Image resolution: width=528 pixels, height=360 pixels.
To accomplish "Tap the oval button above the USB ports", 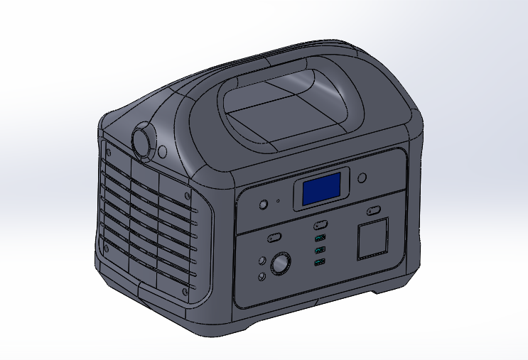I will pos(320,225).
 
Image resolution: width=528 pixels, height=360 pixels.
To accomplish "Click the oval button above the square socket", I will pos(373,211).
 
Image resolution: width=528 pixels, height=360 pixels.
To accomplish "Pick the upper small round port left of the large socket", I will pos(262,261).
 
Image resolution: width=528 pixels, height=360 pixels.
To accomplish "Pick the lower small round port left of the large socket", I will pos(262,276).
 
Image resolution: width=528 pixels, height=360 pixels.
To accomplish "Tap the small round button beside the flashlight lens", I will pos(163,152).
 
